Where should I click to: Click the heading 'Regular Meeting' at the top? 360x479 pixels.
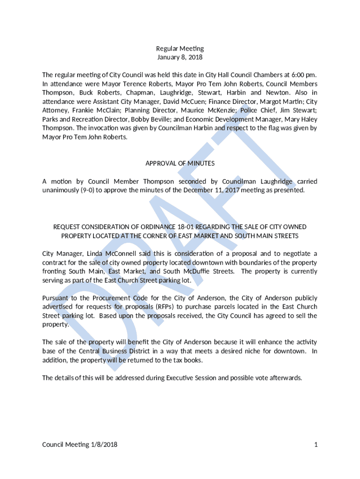coord(180,49)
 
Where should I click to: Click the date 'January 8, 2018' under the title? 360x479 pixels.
coord(180,58)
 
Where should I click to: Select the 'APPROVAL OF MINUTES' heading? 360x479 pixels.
coord(180,163)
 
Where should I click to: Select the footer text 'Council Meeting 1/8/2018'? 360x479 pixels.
coord(80,444)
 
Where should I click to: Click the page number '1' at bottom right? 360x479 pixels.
coord(316,444)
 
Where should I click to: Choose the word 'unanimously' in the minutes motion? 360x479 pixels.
coord(61,190)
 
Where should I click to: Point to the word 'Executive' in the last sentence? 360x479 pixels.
coord(180,377)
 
